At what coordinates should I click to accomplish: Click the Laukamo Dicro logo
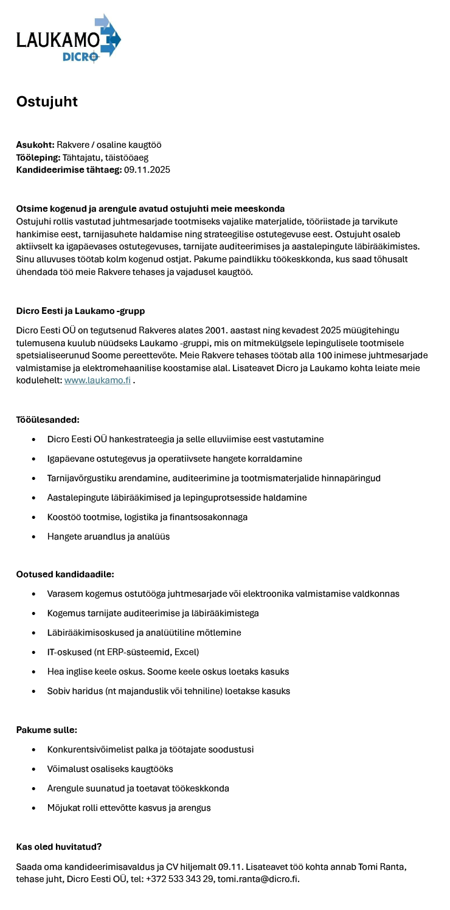pyautogui.click(x=68, y=39)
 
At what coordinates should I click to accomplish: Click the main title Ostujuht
pyautogui.click(x=47, y=102)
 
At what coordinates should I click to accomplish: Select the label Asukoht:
pyautogui.click(x=35, y=145)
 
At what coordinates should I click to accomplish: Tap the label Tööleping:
pyautogui.click(x=38, y=158)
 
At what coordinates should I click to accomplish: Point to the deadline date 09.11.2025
pyautogui.click(x=147, y=170)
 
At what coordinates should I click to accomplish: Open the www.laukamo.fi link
pyautogui.click(x=97, y=380)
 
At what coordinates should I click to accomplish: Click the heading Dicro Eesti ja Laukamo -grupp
pyautogui.click(x=80, y=311)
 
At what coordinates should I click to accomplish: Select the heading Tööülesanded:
pyautogui.click(x=47, y=420)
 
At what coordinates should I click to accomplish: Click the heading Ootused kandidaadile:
pyautogui.click(x=65, y=574)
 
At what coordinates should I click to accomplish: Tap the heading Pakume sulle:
pyautogui.click(x=46, y=730)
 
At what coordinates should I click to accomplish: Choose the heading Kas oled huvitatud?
pyautogui.click(x=58, y=847)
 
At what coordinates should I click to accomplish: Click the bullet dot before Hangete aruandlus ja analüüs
pyautogui.click(x=33, y=537)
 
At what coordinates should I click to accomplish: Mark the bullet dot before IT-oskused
pyautogui.click(x=33, y=652)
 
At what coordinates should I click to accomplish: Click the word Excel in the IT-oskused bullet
pyautogui.click(x=185, y=652)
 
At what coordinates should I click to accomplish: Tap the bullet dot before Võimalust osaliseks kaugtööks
pyautogui.click(x=33, y=769)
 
